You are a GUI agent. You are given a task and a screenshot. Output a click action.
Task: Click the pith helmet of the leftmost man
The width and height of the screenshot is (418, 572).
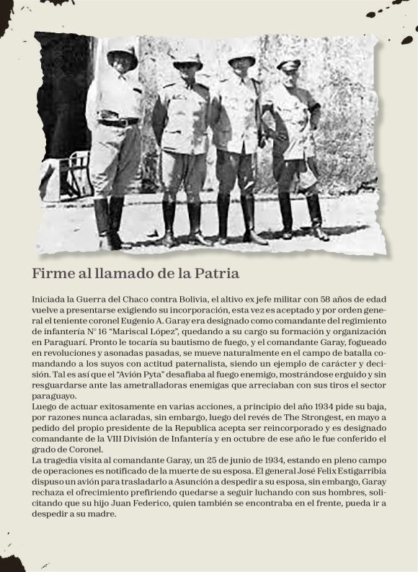click(123, 54)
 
